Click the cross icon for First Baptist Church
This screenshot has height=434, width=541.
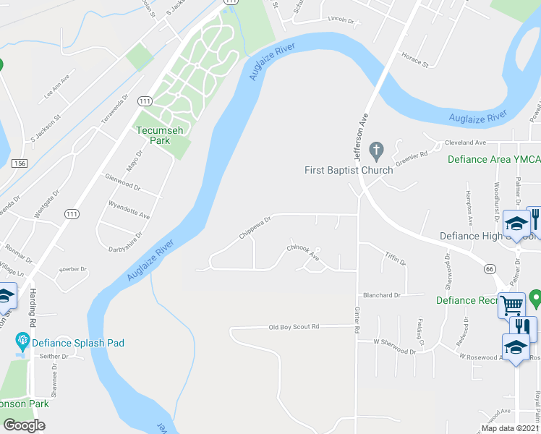[x=375, y=151]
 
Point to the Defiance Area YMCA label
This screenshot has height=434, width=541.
[x=493, y=160]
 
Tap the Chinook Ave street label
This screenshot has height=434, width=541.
[x=303, y=252]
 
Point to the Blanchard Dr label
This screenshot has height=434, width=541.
[x=382, y=295]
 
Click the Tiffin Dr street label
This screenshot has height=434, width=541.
[x=395, y=258]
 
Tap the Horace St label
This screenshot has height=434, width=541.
[x=415, y=59]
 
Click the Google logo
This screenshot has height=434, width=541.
[x=24, y=425]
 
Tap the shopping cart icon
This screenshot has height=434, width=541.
[x=512, y=305]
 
